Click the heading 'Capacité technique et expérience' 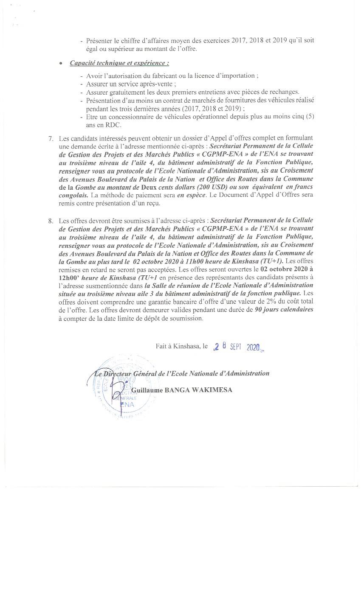point(119,63)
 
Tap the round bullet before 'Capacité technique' point(61,64)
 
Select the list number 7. point(51,138)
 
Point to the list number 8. point(51,221)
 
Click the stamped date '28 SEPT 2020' point(237,347)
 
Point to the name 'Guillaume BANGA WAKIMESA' point(182,390)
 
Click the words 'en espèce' point(191,196)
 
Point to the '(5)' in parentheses point(310,117)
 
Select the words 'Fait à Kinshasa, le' point(181,347)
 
